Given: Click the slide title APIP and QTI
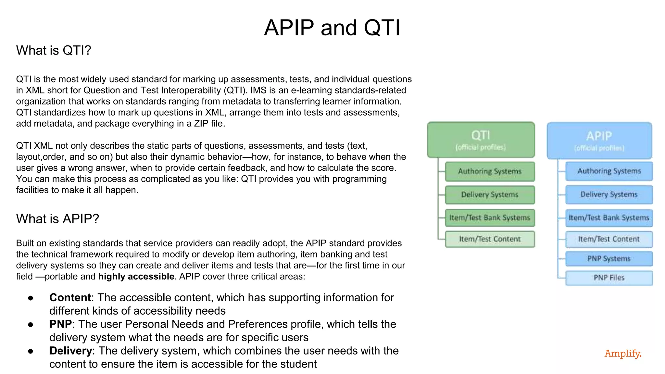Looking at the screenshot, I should (332, 28).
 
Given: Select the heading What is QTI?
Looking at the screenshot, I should (54, 50).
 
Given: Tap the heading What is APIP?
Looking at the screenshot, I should (57, 219).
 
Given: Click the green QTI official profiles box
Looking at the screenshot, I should (481, 140).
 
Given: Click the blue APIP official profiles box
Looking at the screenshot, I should (599, 141).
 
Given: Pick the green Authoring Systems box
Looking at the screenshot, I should (490, 171).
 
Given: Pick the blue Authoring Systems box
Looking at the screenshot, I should (609, 171).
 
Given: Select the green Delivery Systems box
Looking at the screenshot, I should (490, 195).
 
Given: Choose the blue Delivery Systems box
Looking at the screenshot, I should (609, 194).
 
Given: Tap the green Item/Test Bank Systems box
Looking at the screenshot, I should (490, 218).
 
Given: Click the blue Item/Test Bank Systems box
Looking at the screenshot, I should (609, 218).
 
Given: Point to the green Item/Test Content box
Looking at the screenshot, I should (490, 239).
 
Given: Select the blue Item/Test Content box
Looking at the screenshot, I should (609, 239).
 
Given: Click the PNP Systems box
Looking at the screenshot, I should (609, 259).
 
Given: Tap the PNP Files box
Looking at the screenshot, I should (609, 278).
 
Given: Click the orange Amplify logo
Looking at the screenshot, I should (623, 353).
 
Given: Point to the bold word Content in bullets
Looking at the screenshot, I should (70, 298).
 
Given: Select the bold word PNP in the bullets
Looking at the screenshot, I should (60, 324).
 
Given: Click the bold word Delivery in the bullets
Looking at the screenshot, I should (70, 351).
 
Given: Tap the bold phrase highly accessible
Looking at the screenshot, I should (136, 277).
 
